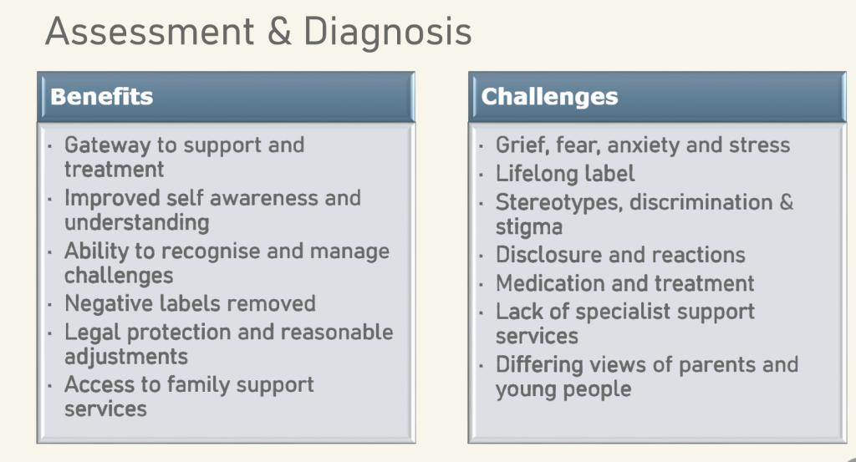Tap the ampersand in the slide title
click(x=279, y=31)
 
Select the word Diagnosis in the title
click(x=388, y=31)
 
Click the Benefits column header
click(x=101, y=97)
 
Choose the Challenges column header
click(x=549, y=97)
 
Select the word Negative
click(x=102, y=304)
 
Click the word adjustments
click(x=126, y=357)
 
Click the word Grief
click(x=522, y=145)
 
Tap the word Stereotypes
click(x=559, y=203)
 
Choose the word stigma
click(x=529, y=227)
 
